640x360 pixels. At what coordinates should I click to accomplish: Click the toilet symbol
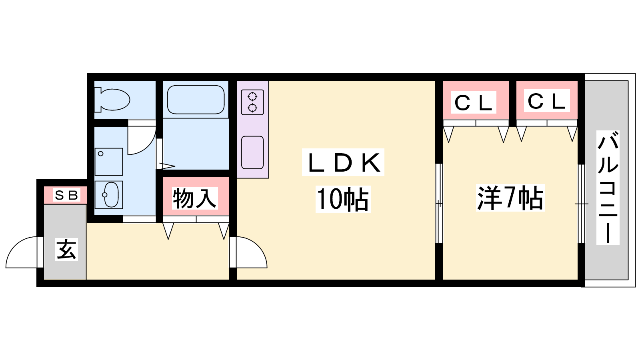[112, 99]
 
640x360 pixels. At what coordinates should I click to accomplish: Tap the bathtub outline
[196, 100]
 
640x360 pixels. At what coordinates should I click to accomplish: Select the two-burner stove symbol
[252, 102]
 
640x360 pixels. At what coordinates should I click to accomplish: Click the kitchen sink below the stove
[252, 152]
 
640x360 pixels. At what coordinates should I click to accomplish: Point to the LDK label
[343, 162]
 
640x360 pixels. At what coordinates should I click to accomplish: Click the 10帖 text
[343, 199]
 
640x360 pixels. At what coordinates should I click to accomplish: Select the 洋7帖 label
[510, 198]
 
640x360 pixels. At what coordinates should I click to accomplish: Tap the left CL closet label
[474, 102]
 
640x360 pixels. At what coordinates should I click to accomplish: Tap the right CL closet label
[546, 101]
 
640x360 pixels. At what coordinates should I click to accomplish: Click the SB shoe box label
[66, 195]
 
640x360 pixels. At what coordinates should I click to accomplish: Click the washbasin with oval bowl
[109, 195]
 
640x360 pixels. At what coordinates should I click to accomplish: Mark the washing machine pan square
[109, 162]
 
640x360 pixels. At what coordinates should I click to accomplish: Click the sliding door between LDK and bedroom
[439, 203]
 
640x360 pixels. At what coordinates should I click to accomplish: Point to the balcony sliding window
[581, 204]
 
